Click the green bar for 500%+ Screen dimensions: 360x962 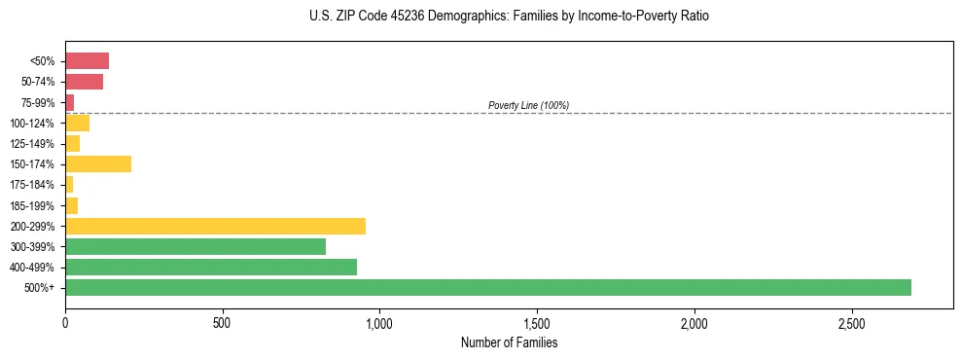click(x=487, y=287)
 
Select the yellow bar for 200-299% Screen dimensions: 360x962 click(x=215, y=226)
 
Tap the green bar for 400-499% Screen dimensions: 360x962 click(x=211, y=267)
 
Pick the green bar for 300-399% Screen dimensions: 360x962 click(x=196, y=246)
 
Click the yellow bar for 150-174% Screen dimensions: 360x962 click(x=98, y=163)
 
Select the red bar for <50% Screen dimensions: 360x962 click(x=87, y=60)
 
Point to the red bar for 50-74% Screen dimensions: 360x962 click(x=84, y=81)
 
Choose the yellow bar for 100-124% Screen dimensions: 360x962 click(x=77, y=123)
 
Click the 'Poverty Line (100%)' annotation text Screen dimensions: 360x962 click(x=528, y=105)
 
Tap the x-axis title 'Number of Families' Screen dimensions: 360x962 click(x=509, y=342)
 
